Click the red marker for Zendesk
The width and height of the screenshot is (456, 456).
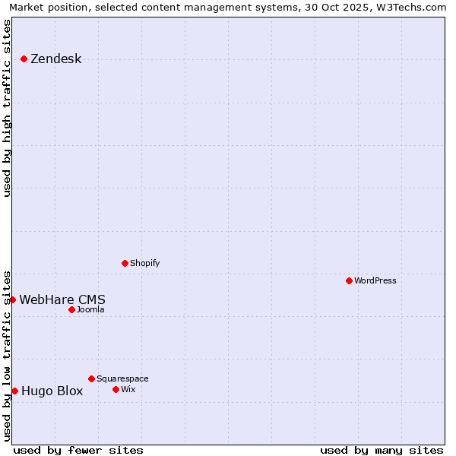tap(24, 59)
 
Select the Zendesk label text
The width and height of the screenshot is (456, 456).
tap(55, 59)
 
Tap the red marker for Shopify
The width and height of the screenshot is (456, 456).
tap(125, 263)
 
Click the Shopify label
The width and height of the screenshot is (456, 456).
tap(144, 264)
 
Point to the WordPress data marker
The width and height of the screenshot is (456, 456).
tap(349, 280)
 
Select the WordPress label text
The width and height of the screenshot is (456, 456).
tap(375, 281)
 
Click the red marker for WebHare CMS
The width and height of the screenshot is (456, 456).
tap(13, 299)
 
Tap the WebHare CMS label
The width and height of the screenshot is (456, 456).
tap(62, 299)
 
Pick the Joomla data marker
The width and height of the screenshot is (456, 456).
tap(71, 309)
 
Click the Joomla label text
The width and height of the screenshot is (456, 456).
tap(90, 310)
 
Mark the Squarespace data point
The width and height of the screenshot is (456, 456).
tap(91, 378)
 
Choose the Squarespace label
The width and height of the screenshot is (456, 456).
tap(122, 379)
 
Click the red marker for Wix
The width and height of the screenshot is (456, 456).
tap(116, 389)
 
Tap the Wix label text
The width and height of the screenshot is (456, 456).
tap(128, 390)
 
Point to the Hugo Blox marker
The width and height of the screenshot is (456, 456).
tap(14, 391)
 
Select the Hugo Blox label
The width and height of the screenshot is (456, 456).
tap(52, 391)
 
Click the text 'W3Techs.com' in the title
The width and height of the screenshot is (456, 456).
tap(414, 7)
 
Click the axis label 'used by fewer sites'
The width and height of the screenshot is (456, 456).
tap(78, 450)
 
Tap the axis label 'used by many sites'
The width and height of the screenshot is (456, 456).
tap(382, 450)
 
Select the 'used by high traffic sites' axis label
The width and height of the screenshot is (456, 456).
tap(7, 108)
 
